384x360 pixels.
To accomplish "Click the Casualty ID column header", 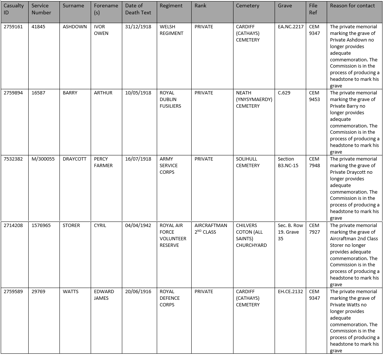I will (x=14, y=9).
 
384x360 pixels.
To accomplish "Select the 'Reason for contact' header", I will (x=352, y=6).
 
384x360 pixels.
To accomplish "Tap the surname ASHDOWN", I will (x=75, y=27).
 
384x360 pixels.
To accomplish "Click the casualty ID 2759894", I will (x=13, y=93).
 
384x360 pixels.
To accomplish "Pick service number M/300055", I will (x=43, y=159).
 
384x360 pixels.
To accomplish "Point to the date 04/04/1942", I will (x=138, y=226).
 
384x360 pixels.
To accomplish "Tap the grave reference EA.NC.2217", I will (x=291, y=27).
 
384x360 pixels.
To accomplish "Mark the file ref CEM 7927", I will (x=314, y=228).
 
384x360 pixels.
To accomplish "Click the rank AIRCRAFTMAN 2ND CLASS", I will (x=211, y=228).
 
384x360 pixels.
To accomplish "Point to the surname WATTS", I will (x=70, y=292).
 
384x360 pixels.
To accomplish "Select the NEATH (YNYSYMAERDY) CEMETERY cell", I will (x=254, y=99).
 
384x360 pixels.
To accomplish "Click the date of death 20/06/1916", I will (x=138, y=292).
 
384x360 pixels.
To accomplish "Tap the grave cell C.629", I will (x=284, y=93).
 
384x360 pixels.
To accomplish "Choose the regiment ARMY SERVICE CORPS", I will (x=169, y=165).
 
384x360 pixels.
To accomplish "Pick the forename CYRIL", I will (x=100, y=226).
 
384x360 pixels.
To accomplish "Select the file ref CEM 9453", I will (x=314, y=96).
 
